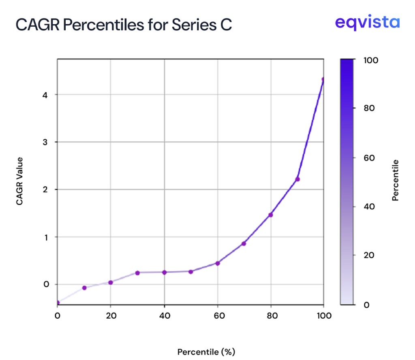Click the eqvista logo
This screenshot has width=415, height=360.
(367, 22)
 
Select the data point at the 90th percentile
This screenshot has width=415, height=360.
(297, 179)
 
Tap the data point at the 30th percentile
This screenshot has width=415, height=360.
(137, 273)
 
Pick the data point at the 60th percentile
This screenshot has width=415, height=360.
(218, 263)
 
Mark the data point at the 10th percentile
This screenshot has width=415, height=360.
(84, 288)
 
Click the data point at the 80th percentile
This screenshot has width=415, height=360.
(271, 215)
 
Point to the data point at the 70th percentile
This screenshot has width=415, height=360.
(244, 243)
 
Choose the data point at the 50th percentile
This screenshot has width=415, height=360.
(191, 272)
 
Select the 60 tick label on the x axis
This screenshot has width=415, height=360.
(218, 316)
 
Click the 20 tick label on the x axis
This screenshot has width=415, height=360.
(111, 316)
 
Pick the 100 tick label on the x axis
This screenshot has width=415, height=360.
(323, 316)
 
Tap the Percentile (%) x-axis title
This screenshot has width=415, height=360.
(206, 351)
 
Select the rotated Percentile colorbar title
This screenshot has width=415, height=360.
(396, 181)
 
